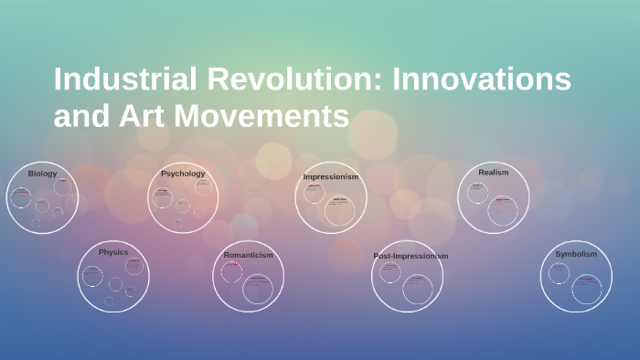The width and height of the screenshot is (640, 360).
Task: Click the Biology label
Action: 42,174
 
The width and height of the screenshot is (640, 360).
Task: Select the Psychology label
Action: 183,174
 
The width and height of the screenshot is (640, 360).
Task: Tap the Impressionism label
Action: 330,176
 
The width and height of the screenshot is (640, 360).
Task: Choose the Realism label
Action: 493,172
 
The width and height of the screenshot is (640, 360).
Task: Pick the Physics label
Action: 113,252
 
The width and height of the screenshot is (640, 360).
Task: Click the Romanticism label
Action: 248,255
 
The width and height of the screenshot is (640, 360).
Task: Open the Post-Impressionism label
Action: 411,256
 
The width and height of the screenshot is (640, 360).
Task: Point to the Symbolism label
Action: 576,254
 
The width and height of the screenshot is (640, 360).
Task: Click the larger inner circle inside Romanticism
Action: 257,290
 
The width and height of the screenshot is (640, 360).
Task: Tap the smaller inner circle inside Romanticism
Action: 231,272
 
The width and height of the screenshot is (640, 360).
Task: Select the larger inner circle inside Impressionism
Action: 339,210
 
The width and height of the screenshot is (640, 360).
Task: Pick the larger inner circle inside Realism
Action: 502,210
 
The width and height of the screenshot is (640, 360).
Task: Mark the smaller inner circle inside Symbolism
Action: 559,273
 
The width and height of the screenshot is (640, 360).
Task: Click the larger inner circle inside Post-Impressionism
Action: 418,290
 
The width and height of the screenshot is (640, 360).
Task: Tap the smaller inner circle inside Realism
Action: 477,193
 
